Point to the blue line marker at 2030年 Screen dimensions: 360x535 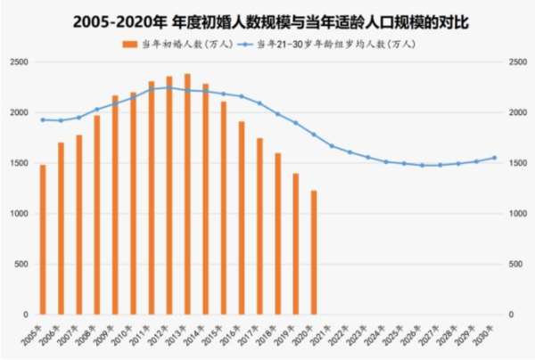point(494,158)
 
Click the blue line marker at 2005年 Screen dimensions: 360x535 point(42,119)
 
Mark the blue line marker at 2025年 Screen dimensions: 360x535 point(404,163)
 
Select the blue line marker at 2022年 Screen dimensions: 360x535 point(350,152)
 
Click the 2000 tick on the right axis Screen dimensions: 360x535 point(516,113)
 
